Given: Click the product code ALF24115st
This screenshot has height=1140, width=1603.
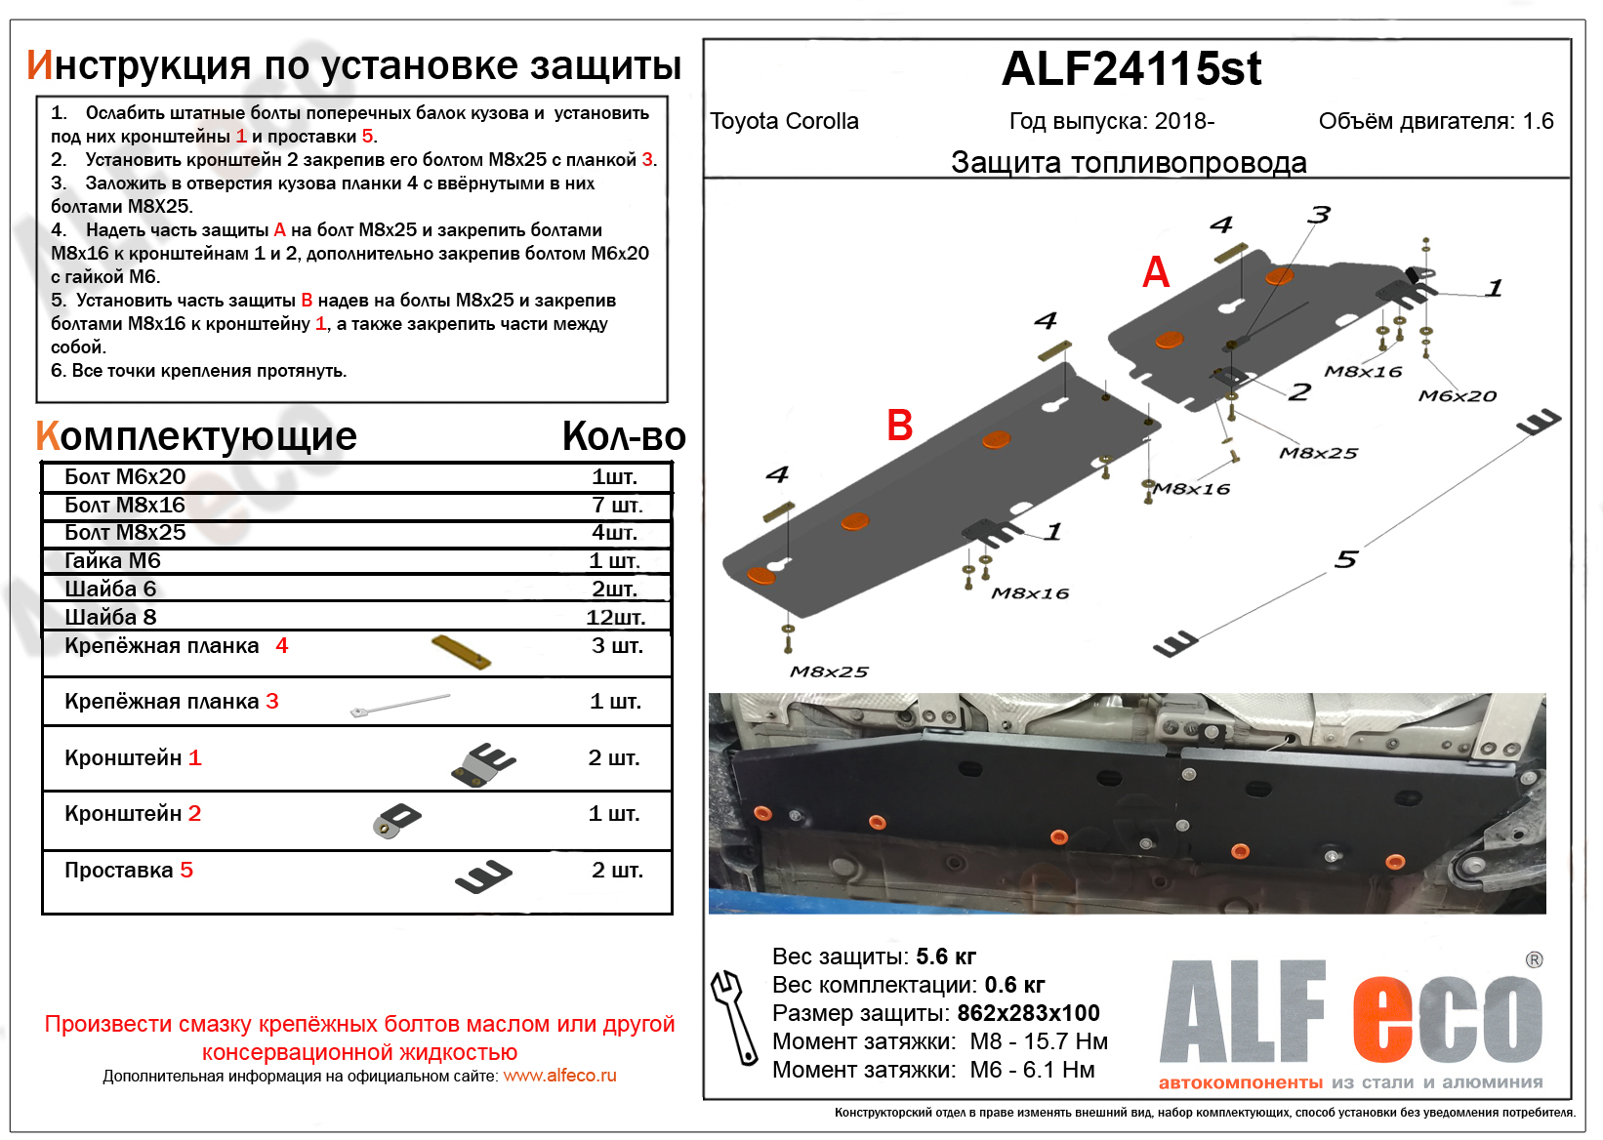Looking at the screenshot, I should click(1131, 69).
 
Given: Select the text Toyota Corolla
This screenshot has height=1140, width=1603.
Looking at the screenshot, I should click(784, 121).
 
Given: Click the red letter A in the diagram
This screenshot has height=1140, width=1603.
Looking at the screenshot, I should click(1156, 272).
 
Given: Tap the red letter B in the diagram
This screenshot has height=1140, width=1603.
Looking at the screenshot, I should click(899, 426).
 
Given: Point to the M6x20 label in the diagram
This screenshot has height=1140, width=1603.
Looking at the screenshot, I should click(1457, 396).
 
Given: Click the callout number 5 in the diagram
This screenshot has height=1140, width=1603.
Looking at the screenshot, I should click(1346, 559).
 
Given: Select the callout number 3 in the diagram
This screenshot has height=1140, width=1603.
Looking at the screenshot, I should click(1320, 215).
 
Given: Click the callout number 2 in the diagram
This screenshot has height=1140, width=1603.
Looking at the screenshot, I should click(1299, 392).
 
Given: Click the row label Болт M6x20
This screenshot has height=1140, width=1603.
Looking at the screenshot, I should click(125, 476).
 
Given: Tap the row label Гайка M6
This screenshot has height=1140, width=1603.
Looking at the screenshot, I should click(112, 560).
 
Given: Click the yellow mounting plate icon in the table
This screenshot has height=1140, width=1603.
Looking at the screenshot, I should click(461, 651).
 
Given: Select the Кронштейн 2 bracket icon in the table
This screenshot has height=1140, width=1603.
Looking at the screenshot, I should click(396, 820).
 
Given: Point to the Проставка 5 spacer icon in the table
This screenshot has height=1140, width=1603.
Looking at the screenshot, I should click(483, 876).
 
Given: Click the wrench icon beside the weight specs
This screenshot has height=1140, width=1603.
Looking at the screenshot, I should click(733, 1016).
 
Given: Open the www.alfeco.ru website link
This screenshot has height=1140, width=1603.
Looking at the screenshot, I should click(559, 1076).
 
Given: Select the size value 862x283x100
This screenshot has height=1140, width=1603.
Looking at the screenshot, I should click(1028, 1013).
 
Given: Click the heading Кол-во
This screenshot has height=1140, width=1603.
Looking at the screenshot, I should click(624, 436).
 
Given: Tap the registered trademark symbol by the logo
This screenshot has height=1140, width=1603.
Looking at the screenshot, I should click(1534, 960).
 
